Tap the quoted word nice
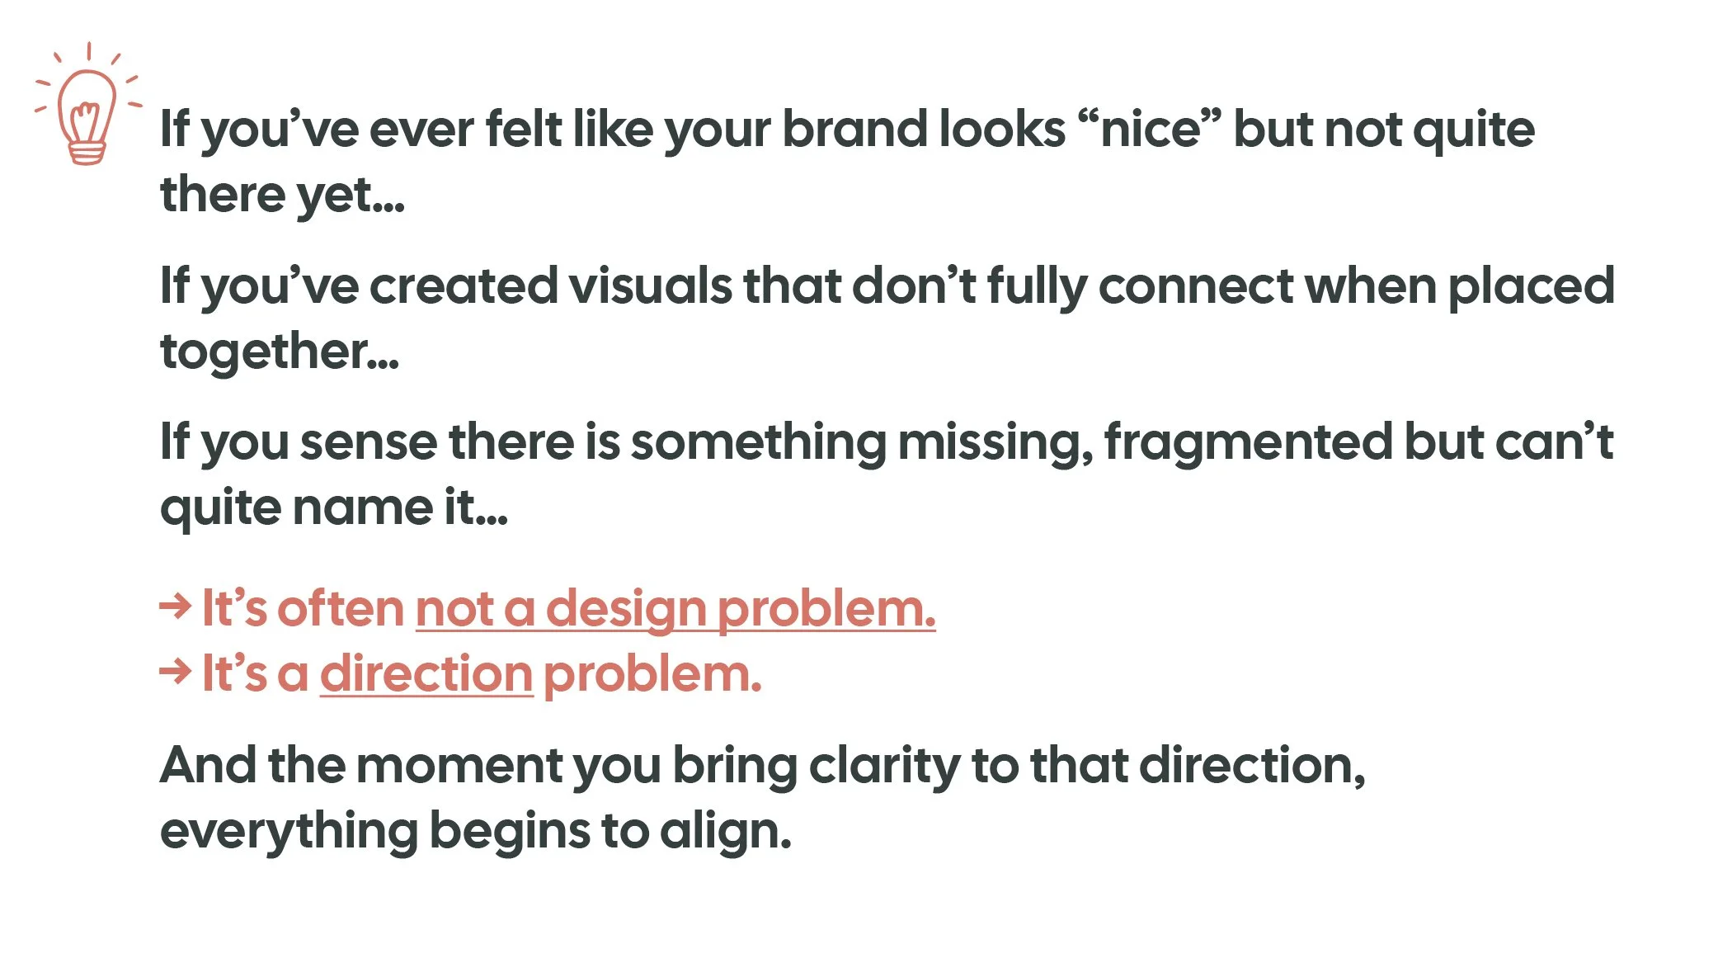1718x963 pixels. [1151, 130]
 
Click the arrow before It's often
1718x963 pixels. [175, 607]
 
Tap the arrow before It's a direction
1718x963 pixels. [175, 672]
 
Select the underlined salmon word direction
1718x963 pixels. [426, 674]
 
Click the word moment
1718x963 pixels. [459, 765]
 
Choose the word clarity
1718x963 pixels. [884, 765]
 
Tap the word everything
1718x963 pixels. [289, 831]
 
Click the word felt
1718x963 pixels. [523, 130]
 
